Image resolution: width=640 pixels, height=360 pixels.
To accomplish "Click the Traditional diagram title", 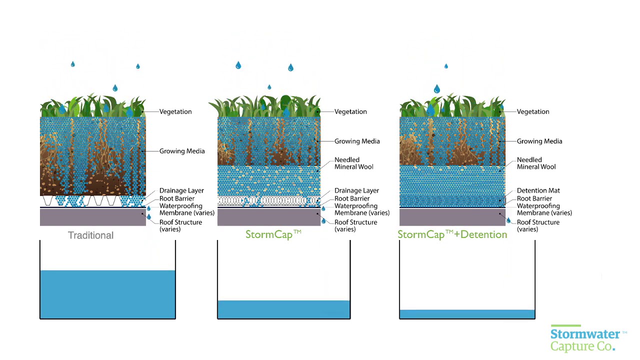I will tap(90, 235).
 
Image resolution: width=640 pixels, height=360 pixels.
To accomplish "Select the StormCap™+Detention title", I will tap(452, 234).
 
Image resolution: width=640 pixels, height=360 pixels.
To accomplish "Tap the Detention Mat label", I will tap(538, 190).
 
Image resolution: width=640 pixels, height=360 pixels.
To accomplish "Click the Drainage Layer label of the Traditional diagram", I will tap(181, 190).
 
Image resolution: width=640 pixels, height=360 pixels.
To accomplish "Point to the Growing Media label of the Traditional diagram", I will tap(182, 151).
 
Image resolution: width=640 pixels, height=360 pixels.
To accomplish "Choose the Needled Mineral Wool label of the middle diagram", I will tap(353, 163).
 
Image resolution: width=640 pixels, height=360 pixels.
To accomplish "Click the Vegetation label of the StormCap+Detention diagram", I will tap(533, 111).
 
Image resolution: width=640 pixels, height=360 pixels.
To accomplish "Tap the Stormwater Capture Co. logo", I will tap(588, 339).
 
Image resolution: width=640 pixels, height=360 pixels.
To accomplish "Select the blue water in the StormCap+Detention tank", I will tap(467, 314).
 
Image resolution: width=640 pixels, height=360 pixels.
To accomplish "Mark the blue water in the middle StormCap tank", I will tap(283, 309).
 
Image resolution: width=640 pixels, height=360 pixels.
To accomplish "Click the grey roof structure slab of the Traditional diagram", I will tap(92, 217).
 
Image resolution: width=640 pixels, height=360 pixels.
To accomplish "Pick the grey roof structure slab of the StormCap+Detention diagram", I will tap(452, 217).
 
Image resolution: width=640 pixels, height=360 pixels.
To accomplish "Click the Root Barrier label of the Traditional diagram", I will tap(177, 198).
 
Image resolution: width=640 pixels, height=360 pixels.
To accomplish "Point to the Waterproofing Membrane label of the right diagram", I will tap(544, 209).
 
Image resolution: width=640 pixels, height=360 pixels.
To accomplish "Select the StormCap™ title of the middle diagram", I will tap(273, 234).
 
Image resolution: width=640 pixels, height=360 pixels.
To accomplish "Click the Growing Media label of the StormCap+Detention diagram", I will tap(539, 141).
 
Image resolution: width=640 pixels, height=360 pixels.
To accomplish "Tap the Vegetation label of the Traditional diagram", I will tap(175, 111).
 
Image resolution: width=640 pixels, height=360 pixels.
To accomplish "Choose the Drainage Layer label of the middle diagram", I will tap(356, 190).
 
